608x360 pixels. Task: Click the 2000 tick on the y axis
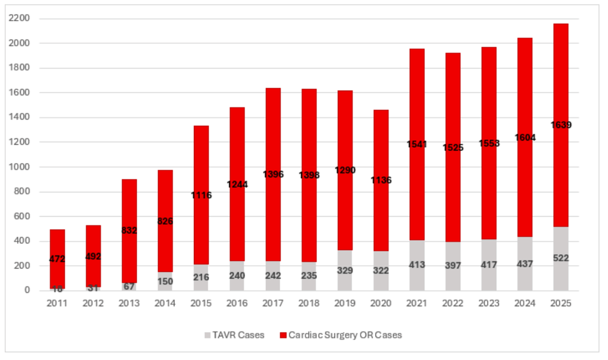22,43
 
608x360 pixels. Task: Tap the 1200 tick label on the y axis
22,142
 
